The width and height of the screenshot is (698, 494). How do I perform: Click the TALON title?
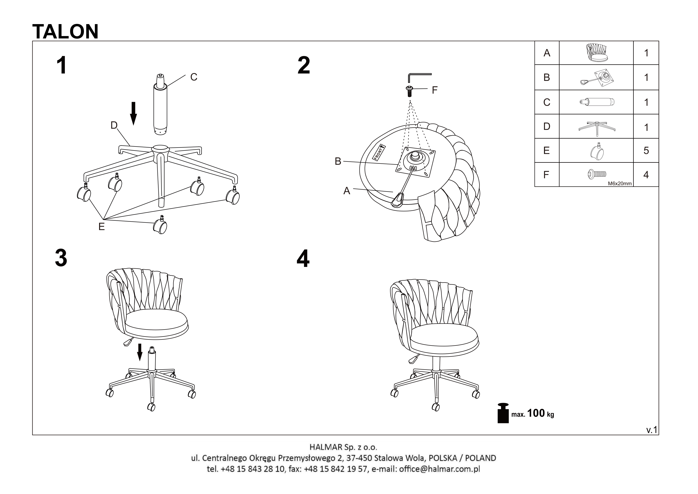pyautogui.click(x=65, y=31)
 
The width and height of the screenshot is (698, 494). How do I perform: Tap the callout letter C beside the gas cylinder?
pyautogui.click(x=194, y=77)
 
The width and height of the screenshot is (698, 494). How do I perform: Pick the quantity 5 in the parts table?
pyautogui.click(x=646, y=151)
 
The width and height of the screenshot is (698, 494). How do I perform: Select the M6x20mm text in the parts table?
pyautogui.click(x=620, y=183)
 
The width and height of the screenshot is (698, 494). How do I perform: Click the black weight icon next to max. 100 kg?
pyautogui.click(x=503, y=413)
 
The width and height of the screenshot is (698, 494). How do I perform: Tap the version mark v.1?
pyautogui.click(x=651, y=430)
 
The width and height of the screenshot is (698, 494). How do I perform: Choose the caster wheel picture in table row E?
pyautogui.click(x=597, y=151)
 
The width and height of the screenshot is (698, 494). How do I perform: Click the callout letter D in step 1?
pyautogui.click(x=114, y=125)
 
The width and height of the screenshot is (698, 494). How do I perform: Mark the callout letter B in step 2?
pyautogui.click(x=338, y=161)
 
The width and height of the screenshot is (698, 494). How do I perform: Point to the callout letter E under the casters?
pyautogui.click(x=101, y=226)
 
